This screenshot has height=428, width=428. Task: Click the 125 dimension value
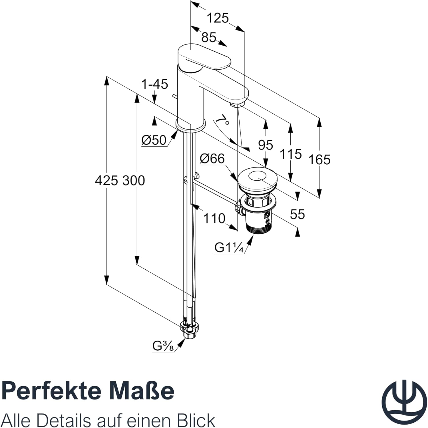tap(218, 18)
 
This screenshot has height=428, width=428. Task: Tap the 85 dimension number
tap(209, 37)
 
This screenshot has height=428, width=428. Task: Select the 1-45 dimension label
tap(155, 84)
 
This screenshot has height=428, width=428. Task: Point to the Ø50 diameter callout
tap(154, 140)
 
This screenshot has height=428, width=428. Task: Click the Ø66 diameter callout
tap(212, 159)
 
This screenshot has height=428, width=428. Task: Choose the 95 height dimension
tap(266, 145)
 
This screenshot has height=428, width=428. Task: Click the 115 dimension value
tap(290, 154)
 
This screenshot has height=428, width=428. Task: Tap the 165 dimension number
tap(319, 160)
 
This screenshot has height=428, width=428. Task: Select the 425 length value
tap(106, 181)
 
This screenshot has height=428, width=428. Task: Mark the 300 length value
tap(134, 181)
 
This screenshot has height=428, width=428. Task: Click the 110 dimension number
tap(214, 219)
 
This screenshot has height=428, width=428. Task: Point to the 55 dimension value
tap(297, 214)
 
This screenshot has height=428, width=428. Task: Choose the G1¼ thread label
tap(229, 248)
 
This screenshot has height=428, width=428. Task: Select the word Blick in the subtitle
tap(194, 420)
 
